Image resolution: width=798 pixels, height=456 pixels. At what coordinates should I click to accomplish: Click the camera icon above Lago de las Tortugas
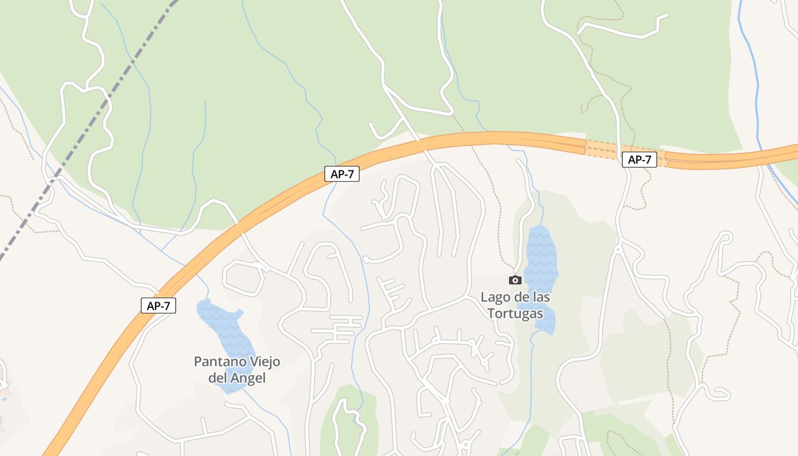[x=515, y=280]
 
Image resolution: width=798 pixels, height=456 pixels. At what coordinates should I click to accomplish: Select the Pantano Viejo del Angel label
[x=237, y=369]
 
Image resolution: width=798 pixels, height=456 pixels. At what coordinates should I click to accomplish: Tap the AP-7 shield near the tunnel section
[x=639, y=160]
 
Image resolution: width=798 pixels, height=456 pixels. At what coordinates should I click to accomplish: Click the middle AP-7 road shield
[x=342, y=174]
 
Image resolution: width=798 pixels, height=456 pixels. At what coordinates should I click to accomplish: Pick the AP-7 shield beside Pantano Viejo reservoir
[x=158, y=306]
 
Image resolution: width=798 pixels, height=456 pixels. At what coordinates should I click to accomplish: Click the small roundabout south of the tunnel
[x=618, y=249]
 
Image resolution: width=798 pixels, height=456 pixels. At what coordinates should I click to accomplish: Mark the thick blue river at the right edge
[x=757, y=103]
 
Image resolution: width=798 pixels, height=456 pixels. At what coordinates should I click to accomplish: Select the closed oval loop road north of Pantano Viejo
[x=244, y=278]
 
